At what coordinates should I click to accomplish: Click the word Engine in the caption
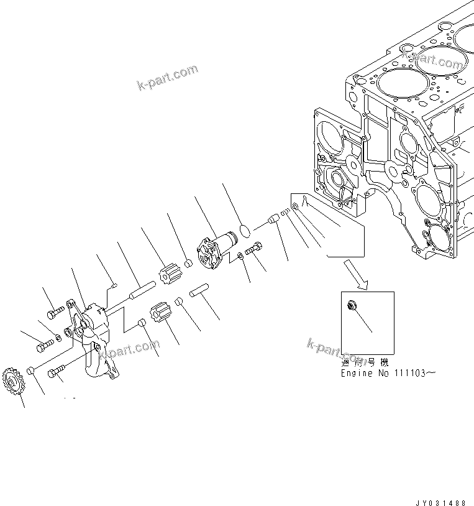[356, 373]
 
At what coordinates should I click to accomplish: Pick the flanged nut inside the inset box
[352, 306]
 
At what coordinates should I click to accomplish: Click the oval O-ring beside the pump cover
[245, 231]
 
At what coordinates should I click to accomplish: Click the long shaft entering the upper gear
[140, 290]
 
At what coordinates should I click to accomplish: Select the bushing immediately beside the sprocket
[29, 372]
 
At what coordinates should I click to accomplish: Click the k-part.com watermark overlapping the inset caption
[335, 352]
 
